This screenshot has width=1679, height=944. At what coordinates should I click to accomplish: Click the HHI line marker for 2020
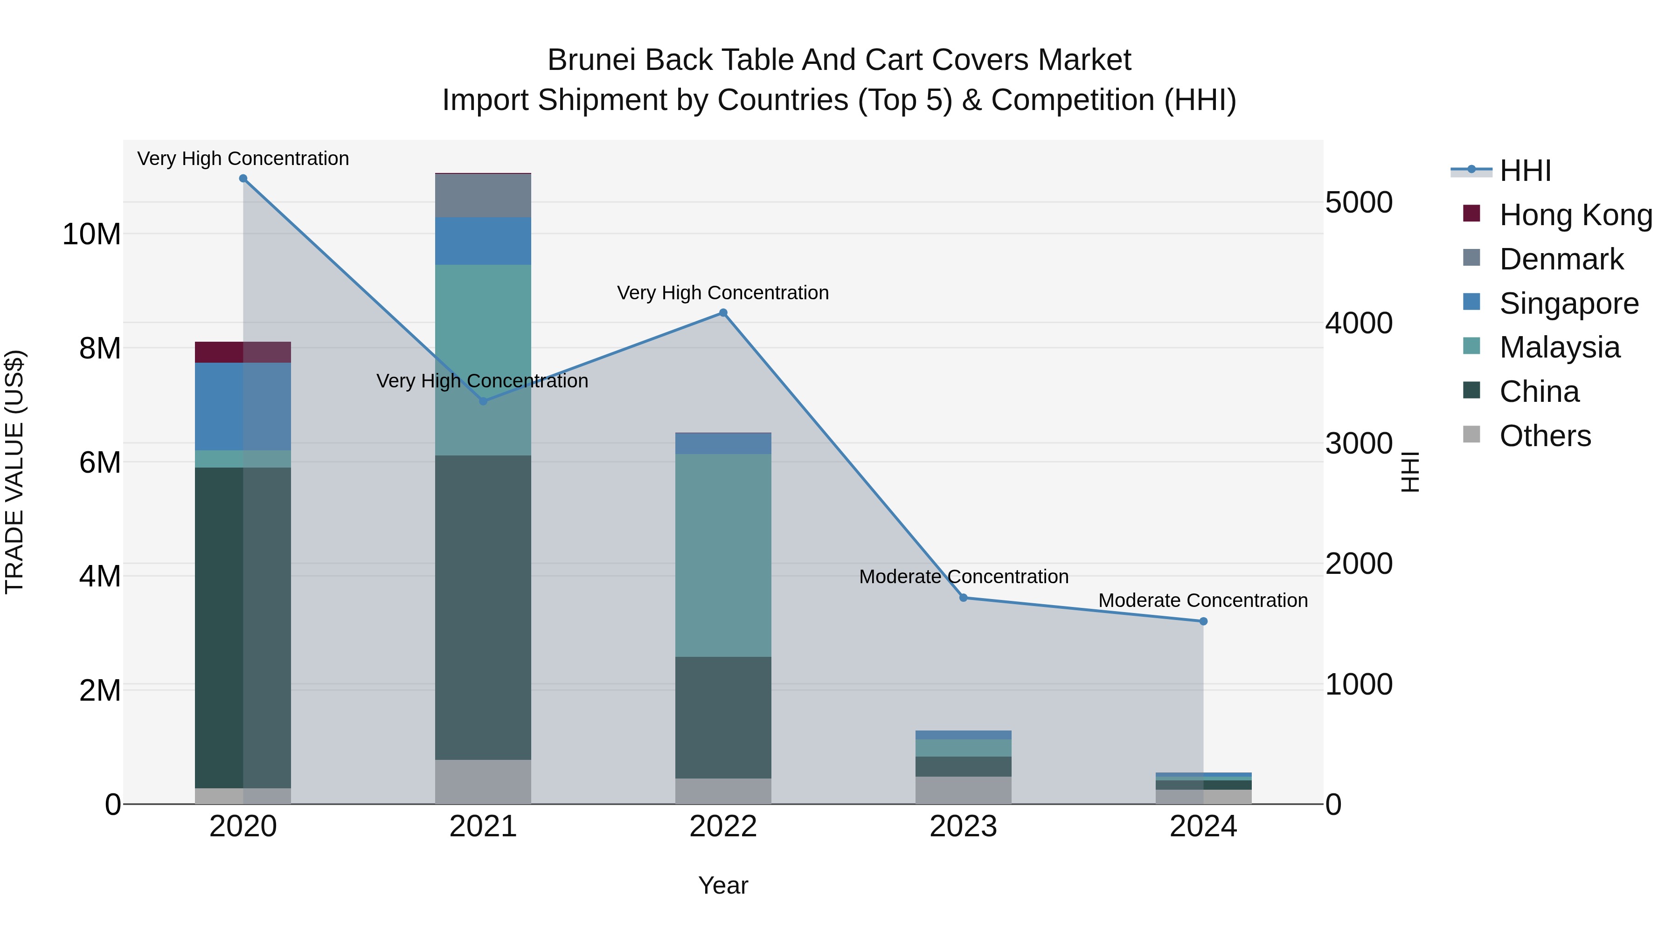click(x=243, y=179)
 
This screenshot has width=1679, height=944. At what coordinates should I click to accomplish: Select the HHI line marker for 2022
click(x=723, y=313)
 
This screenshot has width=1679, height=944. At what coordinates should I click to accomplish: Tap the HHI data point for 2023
click(x=964, y=598)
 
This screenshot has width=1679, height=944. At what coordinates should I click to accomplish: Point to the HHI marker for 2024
click(x=1203, y=621)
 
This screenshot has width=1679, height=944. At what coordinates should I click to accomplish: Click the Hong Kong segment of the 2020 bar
click(x=243, y=352)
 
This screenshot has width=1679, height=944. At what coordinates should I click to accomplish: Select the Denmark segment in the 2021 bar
click(x=483, y=195)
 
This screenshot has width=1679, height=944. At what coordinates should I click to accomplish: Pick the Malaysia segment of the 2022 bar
click(x=723, y=555)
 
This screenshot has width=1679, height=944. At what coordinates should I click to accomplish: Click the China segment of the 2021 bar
click(x=483, y=607)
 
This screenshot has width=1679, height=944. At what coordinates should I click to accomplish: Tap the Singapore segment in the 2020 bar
click(x=243, y=407)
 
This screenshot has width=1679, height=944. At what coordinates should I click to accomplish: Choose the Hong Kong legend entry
click(x=1575, y=215)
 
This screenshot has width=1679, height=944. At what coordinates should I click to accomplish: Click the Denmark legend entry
click(x=1561, y=259)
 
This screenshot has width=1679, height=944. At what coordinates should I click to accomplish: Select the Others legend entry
click(x=1545, y=436)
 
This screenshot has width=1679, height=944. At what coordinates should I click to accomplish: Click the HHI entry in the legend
click(x=1525, y=171)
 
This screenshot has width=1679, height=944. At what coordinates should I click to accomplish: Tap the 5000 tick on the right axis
click(x=1359, y=203)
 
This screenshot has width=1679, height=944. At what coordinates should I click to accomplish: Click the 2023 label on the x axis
click(x=964, y=827)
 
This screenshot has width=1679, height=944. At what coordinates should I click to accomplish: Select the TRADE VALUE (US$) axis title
click(x=14, y=472)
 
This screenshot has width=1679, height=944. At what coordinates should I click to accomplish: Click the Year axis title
click(x=723, y=885)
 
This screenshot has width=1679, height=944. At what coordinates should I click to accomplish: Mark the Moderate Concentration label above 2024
click(x=1203, y=600)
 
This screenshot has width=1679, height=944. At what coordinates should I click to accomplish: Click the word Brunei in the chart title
click(x=591, y=60)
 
